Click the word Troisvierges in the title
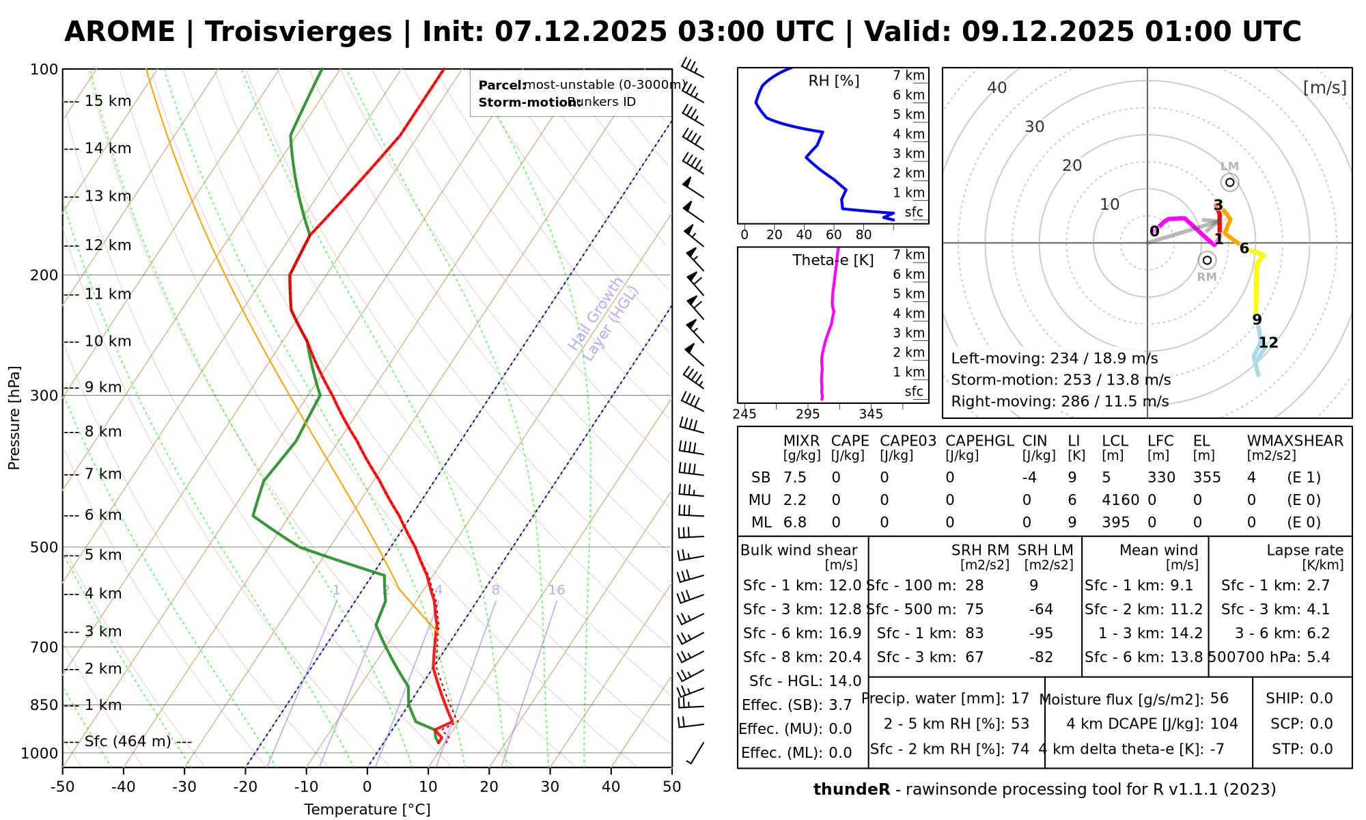(298, 32)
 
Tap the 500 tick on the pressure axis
(44, 547)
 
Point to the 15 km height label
(107, 102)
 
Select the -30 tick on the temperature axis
(184, 787)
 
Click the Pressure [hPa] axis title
(14, 418)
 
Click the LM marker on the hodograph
(1230, 182)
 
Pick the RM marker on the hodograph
(1207, 260)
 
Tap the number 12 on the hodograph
(1268, 343)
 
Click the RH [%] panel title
(834, 81)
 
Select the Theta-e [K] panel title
(833, 260)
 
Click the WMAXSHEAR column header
(1295, 441)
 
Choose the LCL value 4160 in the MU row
(1120, 500)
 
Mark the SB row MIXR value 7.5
(795, 478)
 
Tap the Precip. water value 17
(1020, 699)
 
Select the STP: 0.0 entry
(1302, 749)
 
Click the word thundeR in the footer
(852, 790)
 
